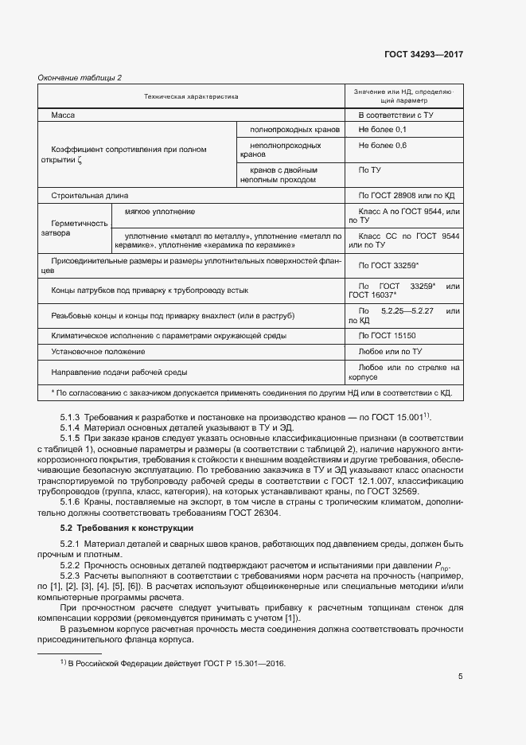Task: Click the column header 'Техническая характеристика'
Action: point(191,96)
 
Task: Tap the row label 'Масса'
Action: point(63,115)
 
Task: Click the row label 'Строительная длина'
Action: point(89,195)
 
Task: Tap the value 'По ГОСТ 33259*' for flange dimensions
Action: point(389,265)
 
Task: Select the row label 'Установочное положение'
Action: point(98,351)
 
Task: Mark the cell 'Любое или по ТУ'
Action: point(390,351)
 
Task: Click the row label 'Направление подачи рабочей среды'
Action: point(119,372)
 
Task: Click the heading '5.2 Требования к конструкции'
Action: point(127,529)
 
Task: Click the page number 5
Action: point(461,677)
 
